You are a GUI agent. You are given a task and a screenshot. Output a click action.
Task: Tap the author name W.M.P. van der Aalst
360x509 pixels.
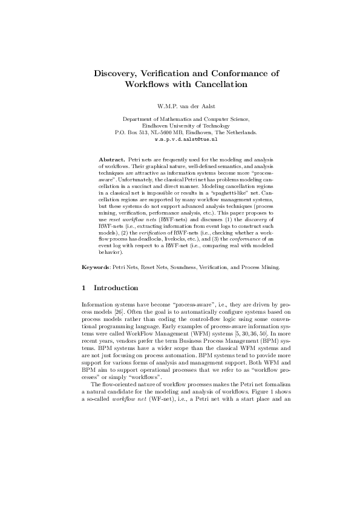pyautogui.click(x=180, y=107)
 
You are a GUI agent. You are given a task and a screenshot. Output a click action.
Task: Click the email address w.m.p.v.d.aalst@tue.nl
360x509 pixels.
pyautogui.click(x=180, y=138)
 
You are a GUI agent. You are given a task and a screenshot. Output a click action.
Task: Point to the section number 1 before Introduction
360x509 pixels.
pyautogui.click(x=83, y=288)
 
